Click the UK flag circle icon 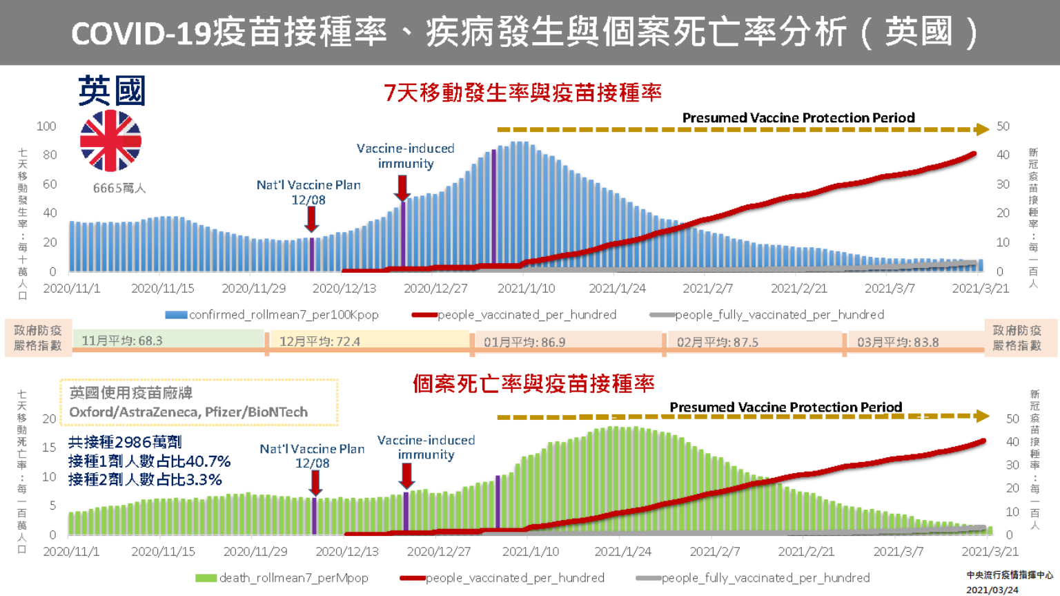[110, 141]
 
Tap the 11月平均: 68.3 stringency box [168, 340]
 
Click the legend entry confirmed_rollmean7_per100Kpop [273, 315]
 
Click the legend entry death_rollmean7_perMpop [282, 578]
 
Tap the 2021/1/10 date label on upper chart [526, 289]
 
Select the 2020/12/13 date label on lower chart [347, 552]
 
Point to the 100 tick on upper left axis [46, 126]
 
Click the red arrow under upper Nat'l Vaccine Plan [312, 220]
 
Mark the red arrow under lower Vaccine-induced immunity [406, 476]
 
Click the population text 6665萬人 [119, 189]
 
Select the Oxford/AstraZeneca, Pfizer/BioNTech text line [188, 412]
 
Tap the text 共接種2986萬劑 [125, 443]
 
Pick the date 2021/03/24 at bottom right [992, 590]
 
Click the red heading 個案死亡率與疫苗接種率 [533, 384]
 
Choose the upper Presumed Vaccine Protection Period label [798, 118]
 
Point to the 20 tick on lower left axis [49, 419]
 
